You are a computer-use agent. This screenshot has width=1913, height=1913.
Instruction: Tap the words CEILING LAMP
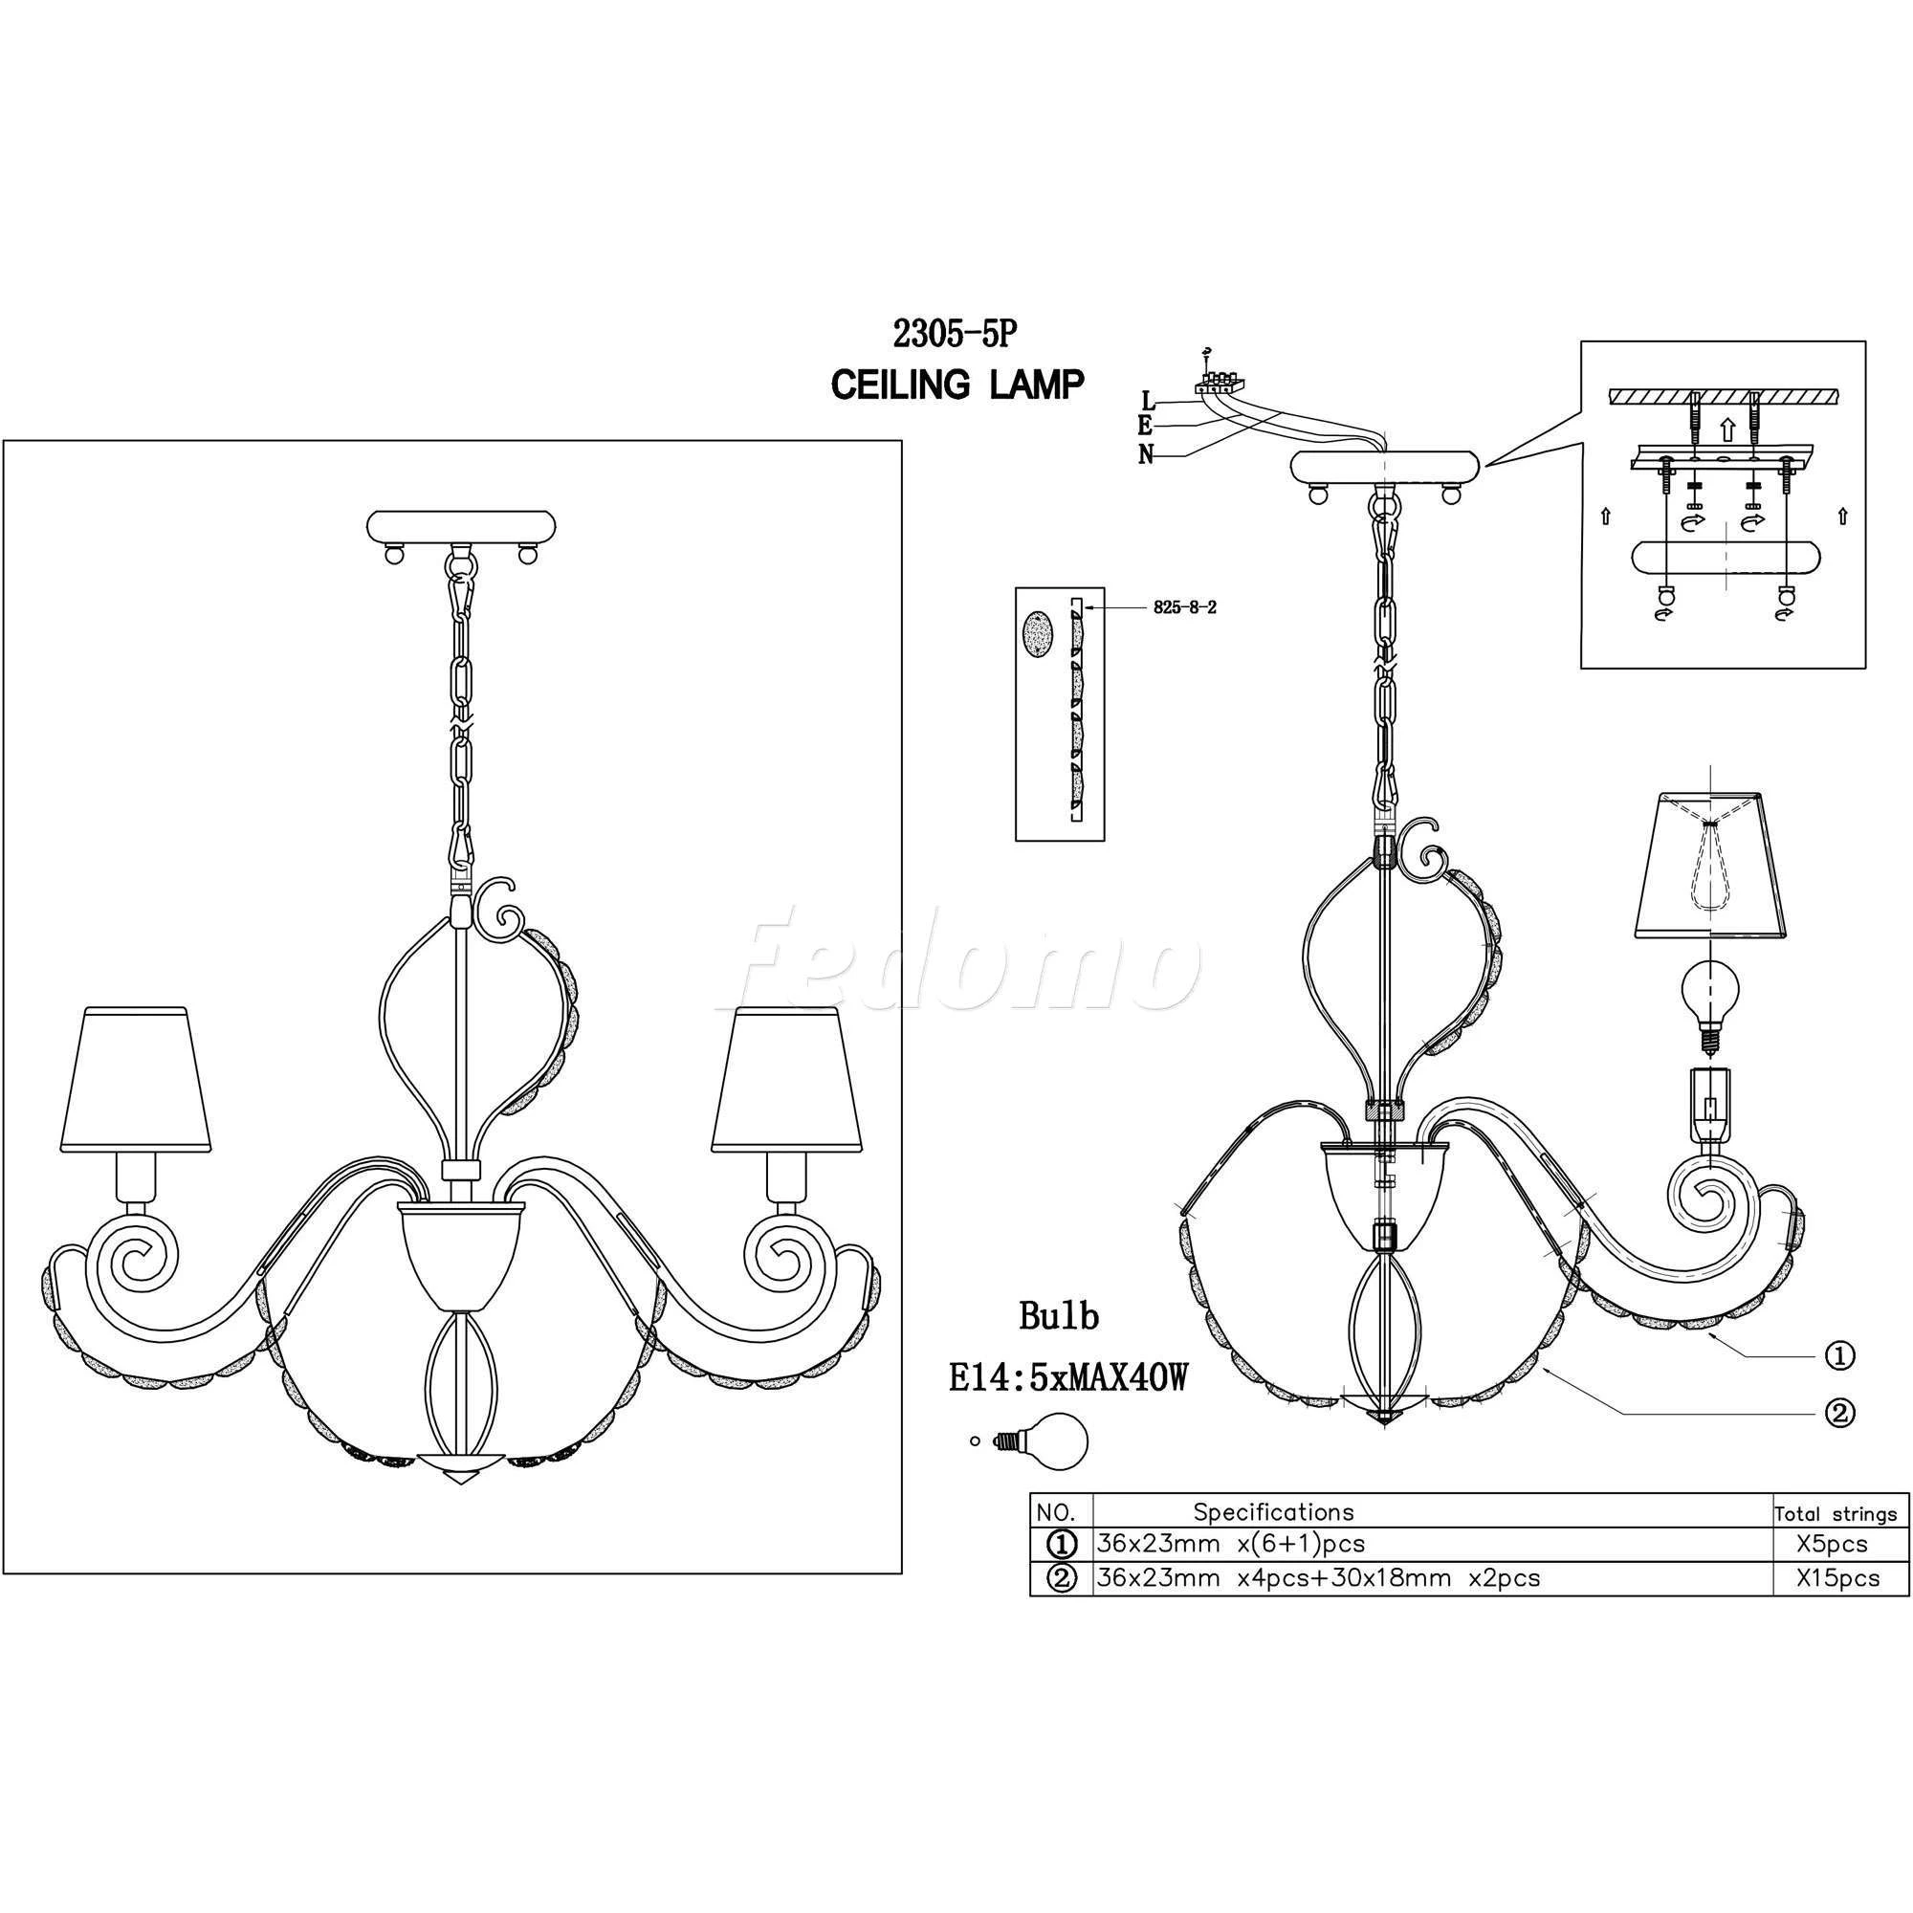(x=956, y=385)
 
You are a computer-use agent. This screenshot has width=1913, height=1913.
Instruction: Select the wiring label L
(x=1148, y=401)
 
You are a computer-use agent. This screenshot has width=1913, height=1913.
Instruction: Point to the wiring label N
(x=1147, y=454)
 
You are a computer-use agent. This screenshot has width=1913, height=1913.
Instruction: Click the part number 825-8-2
(x=1184, y=608)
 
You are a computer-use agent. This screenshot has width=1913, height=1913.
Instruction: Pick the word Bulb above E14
(x=1060, y=1316)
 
